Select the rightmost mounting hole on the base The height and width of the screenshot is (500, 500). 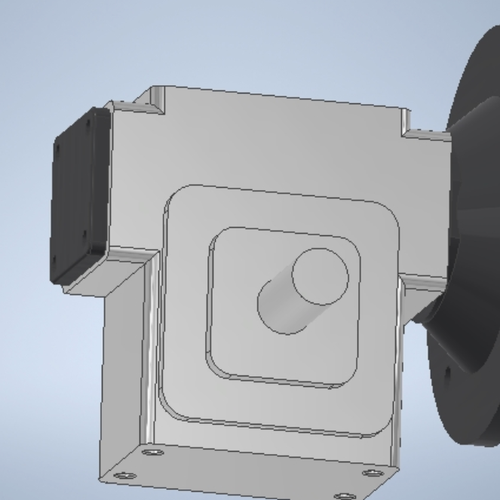coord(372,473)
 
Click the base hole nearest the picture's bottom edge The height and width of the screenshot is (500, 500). coord(345,495)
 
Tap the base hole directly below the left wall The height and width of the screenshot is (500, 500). coord(150,452)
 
